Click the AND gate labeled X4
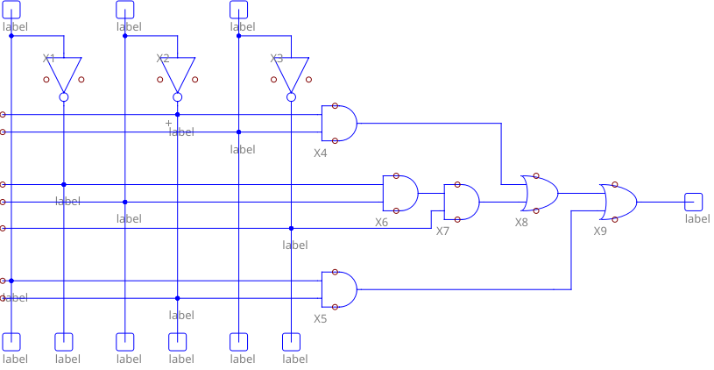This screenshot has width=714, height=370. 339,124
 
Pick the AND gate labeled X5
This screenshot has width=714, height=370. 339,289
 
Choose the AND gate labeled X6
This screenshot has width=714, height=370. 400,193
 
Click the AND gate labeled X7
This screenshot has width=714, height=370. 462,202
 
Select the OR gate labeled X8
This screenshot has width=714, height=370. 540,193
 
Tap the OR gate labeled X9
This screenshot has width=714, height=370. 619,202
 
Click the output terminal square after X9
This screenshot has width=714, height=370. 694,202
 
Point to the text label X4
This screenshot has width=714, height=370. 321,153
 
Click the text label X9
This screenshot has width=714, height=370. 600,231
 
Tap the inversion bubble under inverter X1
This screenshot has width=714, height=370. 64,97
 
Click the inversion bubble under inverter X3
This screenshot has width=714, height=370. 292,97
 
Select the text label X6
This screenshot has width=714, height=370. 382,223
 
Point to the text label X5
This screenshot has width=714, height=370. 321,318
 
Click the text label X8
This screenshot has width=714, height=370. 522,223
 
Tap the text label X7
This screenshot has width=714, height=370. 443,231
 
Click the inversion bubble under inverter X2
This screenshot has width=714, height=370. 178,97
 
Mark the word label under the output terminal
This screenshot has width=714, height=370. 697,219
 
